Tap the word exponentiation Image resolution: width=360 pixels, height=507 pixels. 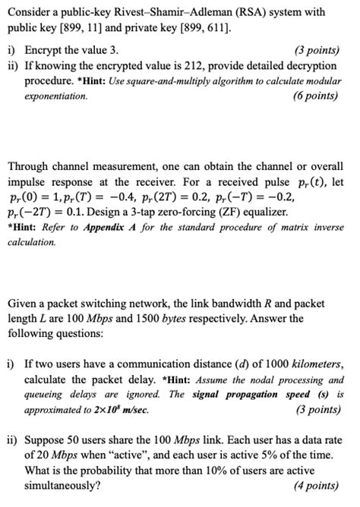pos(47,96)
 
